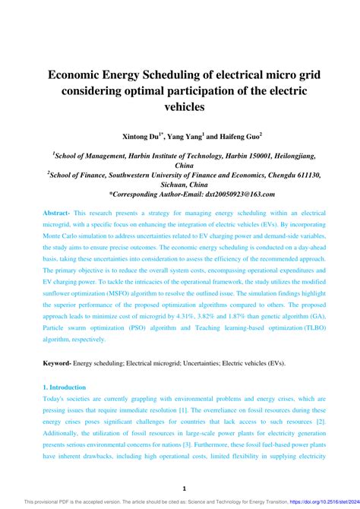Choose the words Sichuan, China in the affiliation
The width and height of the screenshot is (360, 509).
[180, 184]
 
